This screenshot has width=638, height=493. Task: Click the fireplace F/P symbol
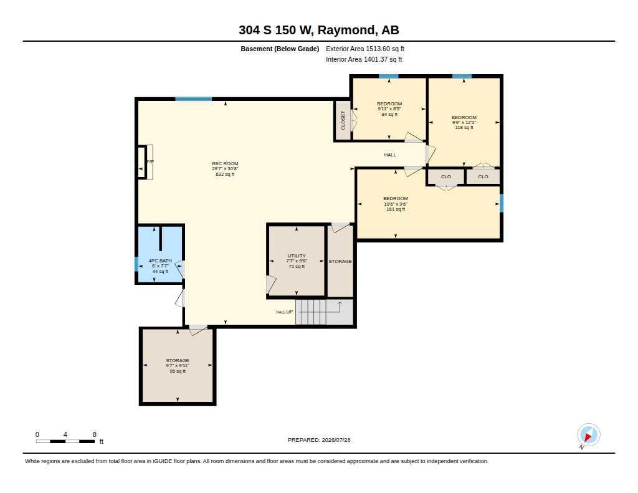click(x=150, y=162)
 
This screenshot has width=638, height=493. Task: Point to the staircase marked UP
click(x=324, y=312)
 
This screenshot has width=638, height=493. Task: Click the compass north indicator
click(x=588, y=435)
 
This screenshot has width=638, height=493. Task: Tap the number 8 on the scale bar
click(x=95, y=434)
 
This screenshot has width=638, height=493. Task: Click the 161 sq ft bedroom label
click(x=396, y=204)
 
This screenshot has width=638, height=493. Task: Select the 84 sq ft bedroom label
click(x=389, y=109)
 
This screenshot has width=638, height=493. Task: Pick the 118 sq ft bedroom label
click(x=464, y=122)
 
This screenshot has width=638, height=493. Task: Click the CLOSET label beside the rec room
click(x=343, y=120)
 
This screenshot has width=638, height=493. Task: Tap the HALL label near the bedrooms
click(x=390, y=155)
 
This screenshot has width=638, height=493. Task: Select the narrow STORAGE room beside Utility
click(x=340, y=261)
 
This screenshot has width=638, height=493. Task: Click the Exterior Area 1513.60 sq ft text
click(x=365, y=49)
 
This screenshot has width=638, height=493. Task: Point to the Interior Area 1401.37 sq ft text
click(x=364, y=59)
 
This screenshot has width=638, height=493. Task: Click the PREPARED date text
click(x=319, y=440)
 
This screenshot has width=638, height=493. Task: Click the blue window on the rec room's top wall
click(x=194, y=99)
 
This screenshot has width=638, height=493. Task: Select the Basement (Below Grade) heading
click(x=280, y=49)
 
